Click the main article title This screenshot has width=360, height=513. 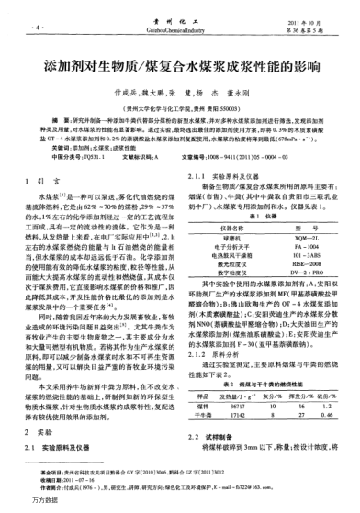pos(180,70)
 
